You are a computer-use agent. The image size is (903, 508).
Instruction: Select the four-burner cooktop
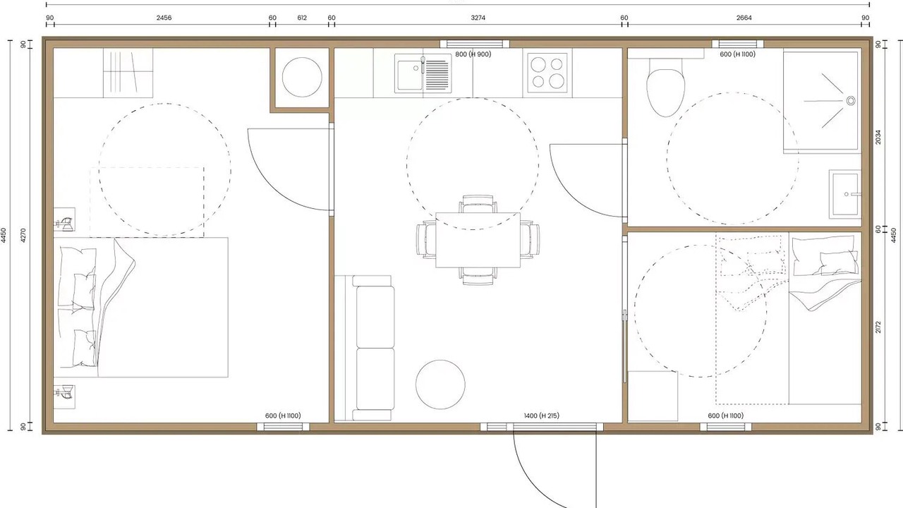click(x=547, y=73)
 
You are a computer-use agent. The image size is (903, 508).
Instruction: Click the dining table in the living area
click(x=478, y=240)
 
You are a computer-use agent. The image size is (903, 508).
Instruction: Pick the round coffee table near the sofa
click(x=440, y=385)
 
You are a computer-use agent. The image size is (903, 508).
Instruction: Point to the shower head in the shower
click(x=851, y=100)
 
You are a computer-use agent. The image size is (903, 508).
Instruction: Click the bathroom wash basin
click(x=845, y=194)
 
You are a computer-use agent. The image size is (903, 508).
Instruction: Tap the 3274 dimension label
click(x=478, y=18)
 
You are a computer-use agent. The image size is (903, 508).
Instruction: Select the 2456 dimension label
click(x=164, y=18)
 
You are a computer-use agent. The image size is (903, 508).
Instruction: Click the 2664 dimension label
click(x=744, y=18)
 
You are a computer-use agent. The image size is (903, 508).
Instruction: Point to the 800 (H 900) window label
click(x=473, y=54)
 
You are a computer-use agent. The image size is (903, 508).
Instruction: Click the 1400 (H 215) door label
click(x=541, y=416)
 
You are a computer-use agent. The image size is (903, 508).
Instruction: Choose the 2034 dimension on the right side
click(x=878, y=137)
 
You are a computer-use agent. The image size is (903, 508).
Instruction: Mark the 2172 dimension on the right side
click(x=878, y=327)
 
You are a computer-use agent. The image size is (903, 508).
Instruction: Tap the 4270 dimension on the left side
click(x=23, y=236)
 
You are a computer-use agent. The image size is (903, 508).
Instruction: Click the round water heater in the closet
click(x=302, y=78)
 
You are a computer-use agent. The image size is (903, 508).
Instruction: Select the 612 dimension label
click(x=302, y=18)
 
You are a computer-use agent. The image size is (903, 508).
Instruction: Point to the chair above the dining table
click(x=478, y=204)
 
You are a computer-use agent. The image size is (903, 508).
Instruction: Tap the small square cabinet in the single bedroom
click(x=653, y=397)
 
